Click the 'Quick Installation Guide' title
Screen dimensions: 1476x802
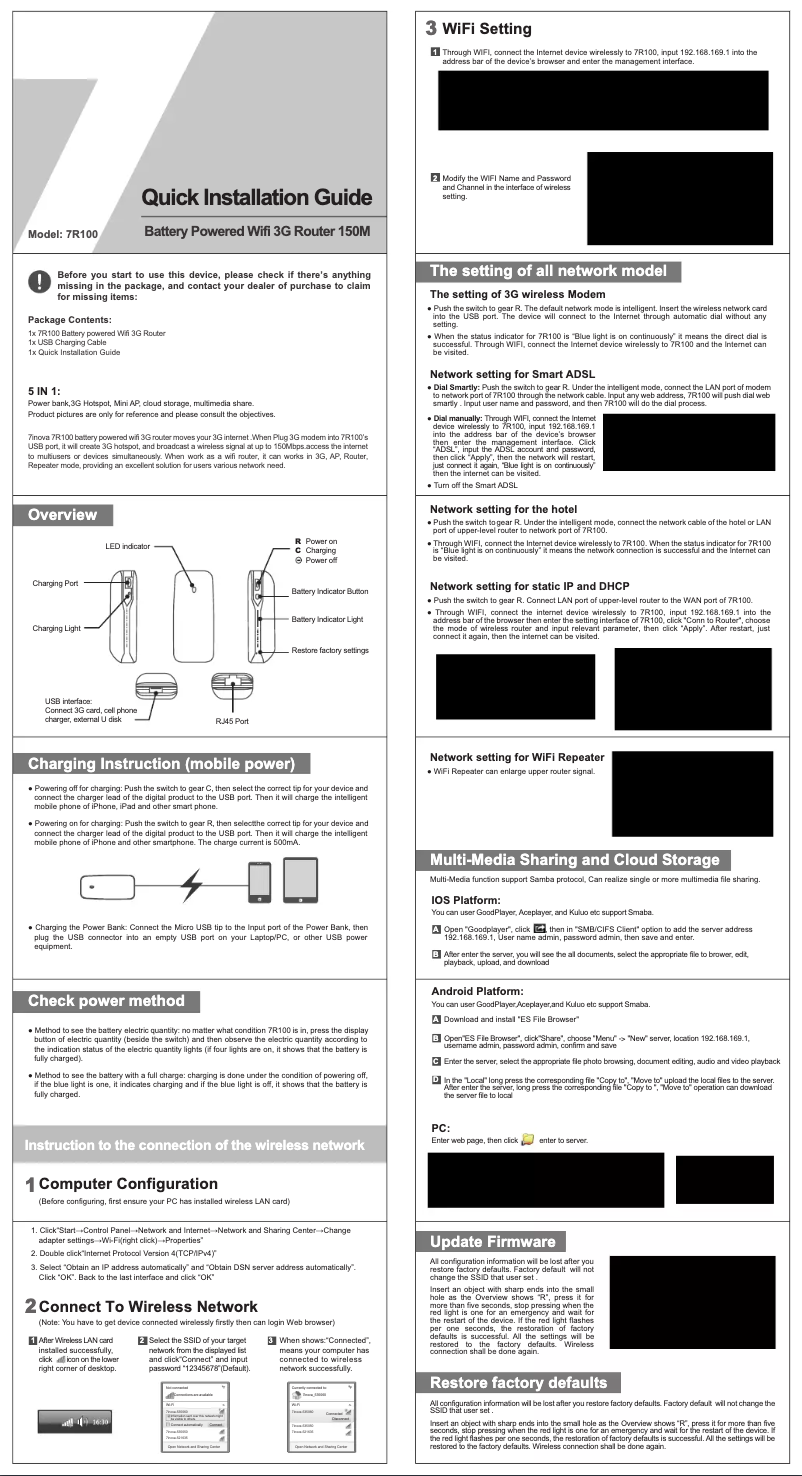(257, 198)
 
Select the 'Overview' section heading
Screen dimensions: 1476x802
(62, 515)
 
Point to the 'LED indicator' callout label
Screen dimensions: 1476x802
(127, 547)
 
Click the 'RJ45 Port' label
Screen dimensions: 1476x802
(232, 720)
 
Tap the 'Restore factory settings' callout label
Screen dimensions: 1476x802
(330, 651)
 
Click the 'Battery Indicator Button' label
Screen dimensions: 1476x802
(330, 593)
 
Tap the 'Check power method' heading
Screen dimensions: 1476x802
(106, 1001)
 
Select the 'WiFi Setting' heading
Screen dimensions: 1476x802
(486, 28)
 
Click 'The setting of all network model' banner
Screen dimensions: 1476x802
(548, 271)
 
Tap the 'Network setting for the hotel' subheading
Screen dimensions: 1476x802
(509, 508)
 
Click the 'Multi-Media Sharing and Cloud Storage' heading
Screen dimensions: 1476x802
(574, 860)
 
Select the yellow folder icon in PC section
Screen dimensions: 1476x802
(527, 1139)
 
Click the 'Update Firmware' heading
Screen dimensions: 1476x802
(492, 1241)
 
